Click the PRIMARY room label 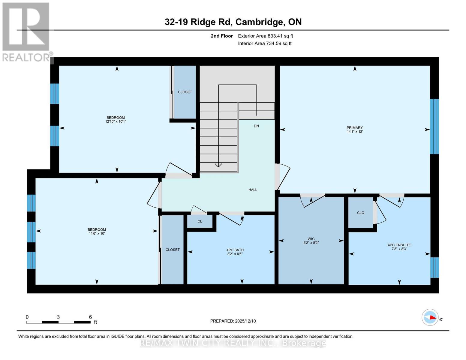[355, 127]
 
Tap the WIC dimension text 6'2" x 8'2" [311, 243]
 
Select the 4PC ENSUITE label [399, 245]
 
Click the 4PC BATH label [235, 250]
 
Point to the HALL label [253, 190]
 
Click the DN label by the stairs [256, 126]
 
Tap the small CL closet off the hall [200, 221]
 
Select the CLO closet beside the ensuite [360, 213]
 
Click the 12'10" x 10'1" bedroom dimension [116, 121]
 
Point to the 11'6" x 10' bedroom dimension [97, 233]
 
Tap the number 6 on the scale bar [90, 317]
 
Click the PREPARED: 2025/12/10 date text [233, 321]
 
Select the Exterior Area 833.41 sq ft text [265, 36]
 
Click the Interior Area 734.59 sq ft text [265, 43]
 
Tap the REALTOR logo [26, 31]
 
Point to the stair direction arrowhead [218, 165]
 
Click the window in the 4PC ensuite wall [434, 267]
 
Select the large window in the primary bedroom [434, 126]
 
